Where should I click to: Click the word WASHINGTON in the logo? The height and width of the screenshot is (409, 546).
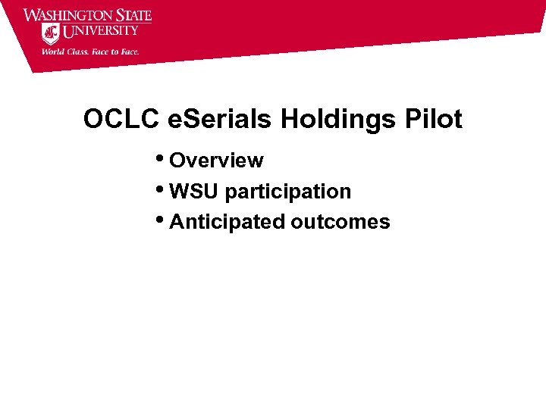[x=67, y=16]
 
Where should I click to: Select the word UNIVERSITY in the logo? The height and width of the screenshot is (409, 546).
[x=101, y=31]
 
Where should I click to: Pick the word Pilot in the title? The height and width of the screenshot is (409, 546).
[x=434, y=120]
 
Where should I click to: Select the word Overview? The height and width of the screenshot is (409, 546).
[x=216, y=161]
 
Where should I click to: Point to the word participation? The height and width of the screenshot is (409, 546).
[x=288, y=192]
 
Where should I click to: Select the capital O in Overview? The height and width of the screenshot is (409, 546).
[x=177, y=161]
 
